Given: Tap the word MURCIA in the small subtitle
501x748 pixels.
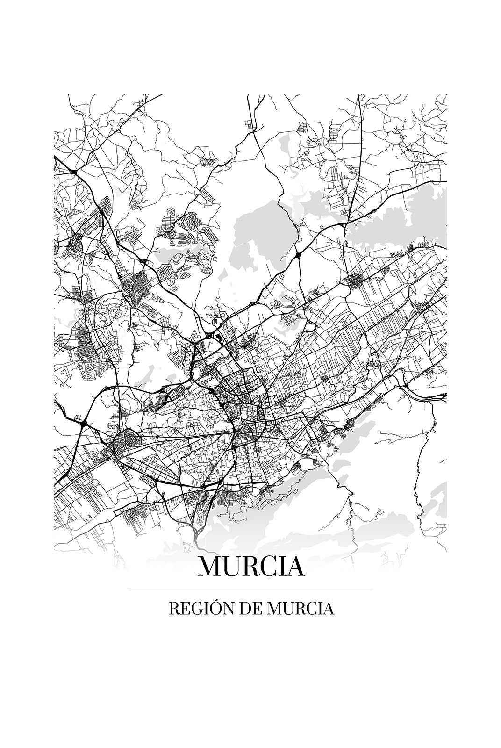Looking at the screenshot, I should tap(294, 609).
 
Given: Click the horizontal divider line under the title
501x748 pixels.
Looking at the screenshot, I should tap(250, 590).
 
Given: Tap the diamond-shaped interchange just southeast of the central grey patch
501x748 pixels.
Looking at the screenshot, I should tap(298, 255).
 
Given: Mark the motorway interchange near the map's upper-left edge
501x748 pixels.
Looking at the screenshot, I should tap(73, 172).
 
